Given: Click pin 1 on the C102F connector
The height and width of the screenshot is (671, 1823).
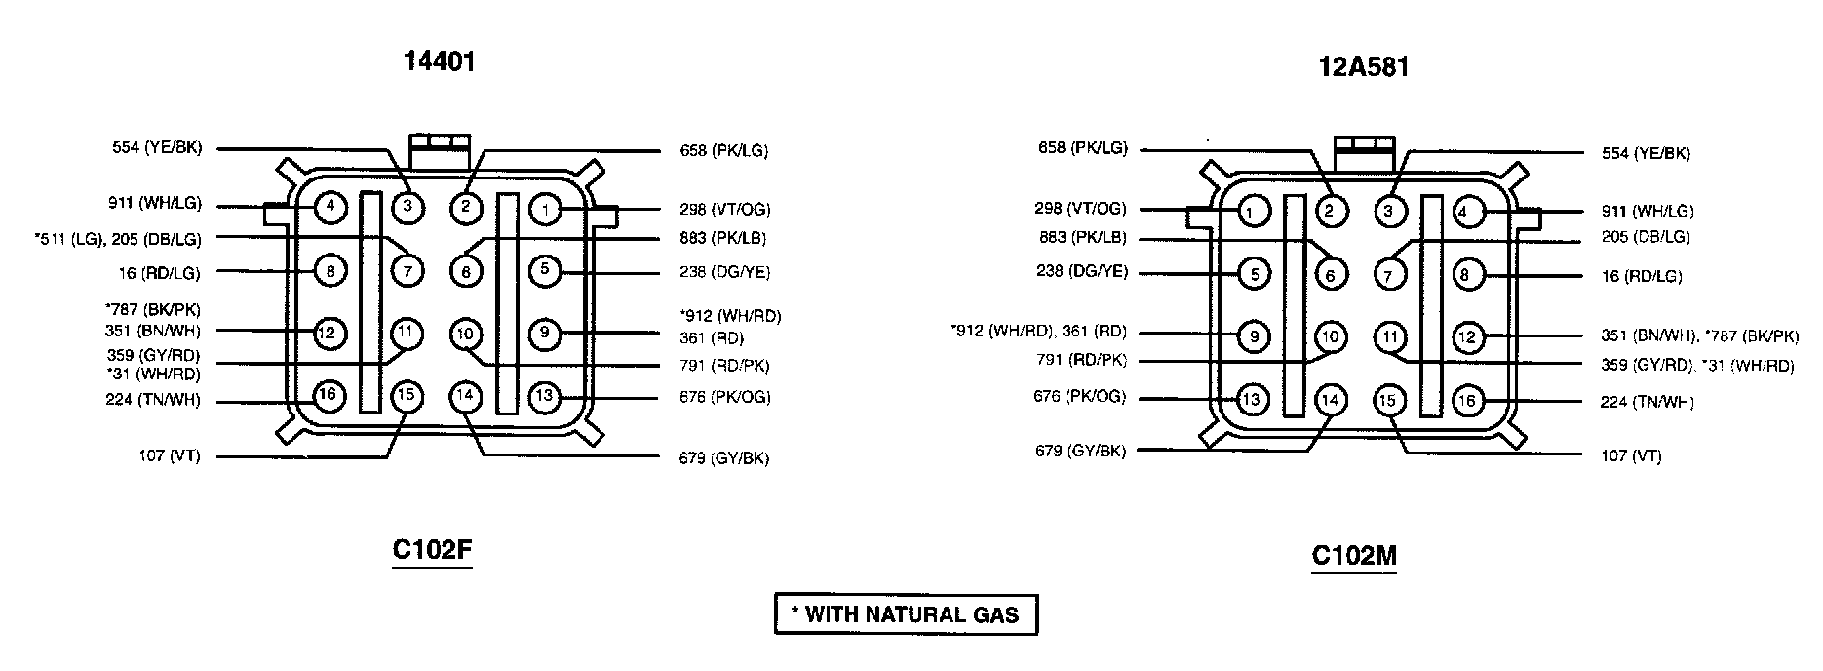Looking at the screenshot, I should coord(545,209).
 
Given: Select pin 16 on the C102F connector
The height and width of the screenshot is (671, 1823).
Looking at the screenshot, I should coord(330,395).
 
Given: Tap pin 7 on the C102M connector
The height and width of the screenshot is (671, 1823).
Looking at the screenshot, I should coord(1389,275).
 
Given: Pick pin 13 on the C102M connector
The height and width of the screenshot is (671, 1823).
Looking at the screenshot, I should coord(1253,399).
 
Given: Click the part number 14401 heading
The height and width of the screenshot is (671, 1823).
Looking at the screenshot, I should coord(439,61).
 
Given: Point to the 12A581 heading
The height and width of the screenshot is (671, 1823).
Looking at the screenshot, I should coord(1363,66).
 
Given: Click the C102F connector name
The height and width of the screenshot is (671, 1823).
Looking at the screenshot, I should coord(432,550).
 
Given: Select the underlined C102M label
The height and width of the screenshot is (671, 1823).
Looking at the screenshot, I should coord(1354,556).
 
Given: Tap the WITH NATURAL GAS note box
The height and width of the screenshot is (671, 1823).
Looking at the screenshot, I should coord(906,614).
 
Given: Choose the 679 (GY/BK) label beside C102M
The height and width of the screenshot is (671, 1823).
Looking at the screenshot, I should coord(1080,452).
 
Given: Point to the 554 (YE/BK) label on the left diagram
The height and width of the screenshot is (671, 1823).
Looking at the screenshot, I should coord(156,149).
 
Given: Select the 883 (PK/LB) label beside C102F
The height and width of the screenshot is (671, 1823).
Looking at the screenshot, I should coord(724,239).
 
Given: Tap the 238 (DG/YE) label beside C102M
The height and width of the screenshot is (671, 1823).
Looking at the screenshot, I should coord(1081,271).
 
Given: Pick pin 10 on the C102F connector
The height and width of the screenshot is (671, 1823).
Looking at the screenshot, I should coord(465,335).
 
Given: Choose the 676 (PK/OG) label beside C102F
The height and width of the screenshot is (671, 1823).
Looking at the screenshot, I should coord(724,397).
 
